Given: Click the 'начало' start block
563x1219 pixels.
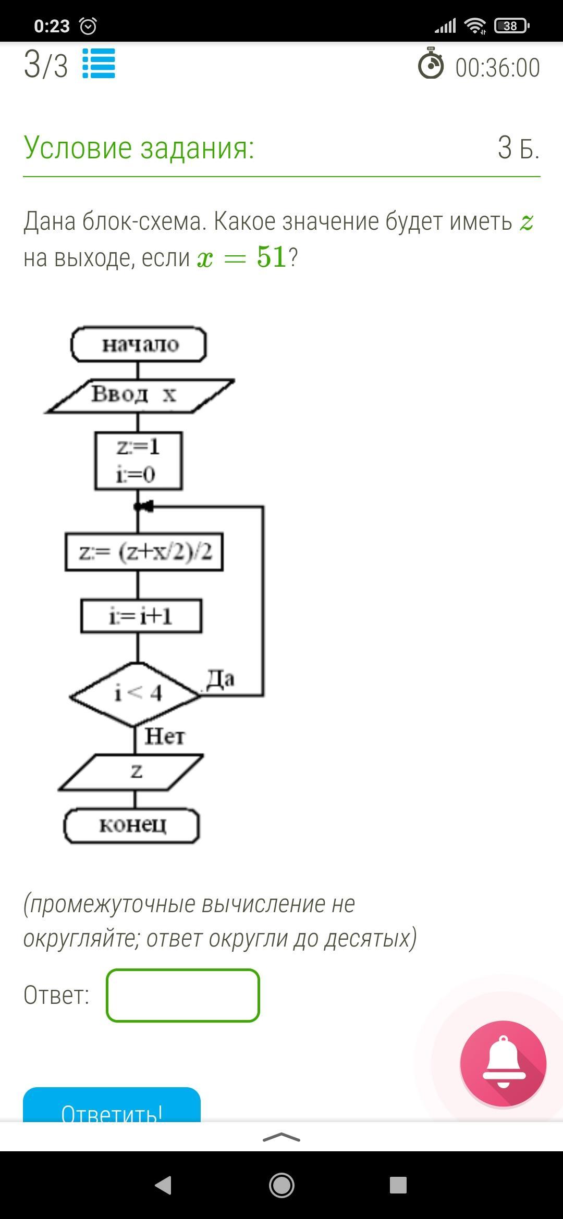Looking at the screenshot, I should (139, 344).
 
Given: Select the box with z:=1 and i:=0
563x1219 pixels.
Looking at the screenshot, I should (139, 461).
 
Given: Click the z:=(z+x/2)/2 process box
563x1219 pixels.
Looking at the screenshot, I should (144, 552).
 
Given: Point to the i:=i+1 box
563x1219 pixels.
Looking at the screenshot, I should (141, 617).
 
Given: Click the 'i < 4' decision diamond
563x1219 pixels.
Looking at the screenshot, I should (136, 694).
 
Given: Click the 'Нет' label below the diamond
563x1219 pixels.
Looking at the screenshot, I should (165, 737).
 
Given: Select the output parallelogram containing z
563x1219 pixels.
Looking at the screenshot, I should (131, 772).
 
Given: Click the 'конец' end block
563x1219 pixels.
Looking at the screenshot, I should (132, 825).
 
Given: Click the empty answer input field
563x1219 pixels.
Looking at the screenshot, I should (183, 995).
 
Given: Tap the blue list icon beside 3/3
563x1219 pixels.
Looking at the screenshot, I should (99, 64).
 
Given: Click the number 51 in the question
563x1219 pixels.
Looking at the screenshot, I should (272, 257).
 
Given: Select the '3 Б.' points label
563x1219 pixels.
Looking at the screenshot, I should (518, 148).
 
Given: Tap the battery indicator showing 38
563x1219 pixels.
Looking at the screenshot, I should (511, 26).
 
